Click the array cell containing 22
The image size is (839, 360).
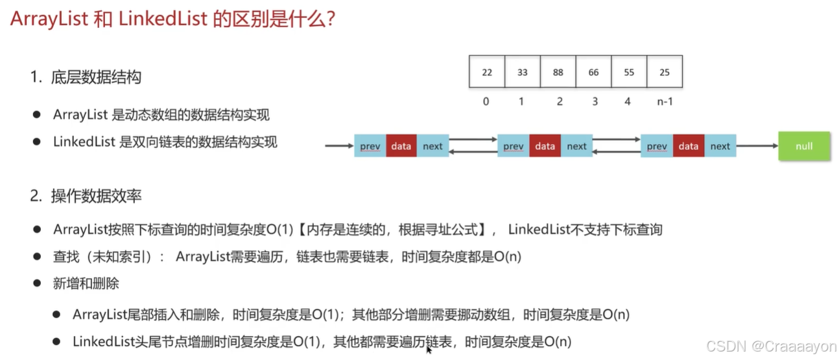pyautogui.click(x=487, y=72)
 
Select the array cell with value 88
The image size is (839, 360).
pyautogui.click(x=558, y=72)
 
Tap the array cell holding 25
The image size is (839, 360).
pyautogui.click(x=665, y=72)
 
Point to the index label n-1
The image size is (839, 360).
pyautogui.click(x=664, y=102)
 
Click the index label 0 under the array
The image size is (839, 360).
pyautogui.click(x=486, y=102)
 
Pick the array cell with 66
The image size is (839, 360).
pyautogui.click(x=593, y=72)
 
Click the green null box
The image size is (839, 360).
pyautogui.click(x=804, y=147)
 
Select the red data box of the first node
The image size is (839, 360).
pyautogui.click(x=401, y=147)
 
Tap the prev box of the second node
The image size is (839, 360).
pyautogui.click(x=513, y=147)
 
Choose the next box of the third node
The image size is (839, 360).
pyautogui.click(x=720, y=147)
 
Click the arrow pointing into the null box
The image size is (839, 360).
pyautogui.click(x=757, y=147)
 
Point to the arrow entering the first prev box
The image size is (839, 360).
pyautogui.click(x=339, y=147)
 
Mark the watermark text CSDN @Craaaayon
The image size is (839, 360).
pyautogui.click(x=771, y=346)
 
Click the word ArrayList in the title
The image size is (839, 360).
pyautogui.click(x=49, y=19)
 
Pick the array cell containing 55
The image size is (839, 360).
pyautogui.click(x=629, y=72)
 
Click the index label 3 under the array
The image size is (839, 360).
pyautogui.click(x=593, y=102)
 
